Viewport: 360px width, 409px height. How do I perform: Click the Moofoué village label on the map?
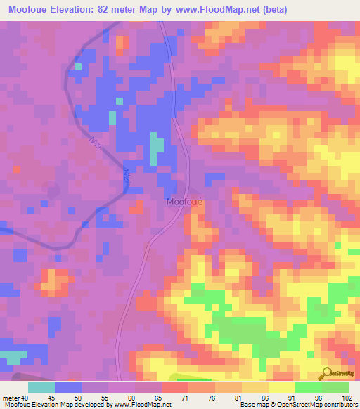tap(185, 202)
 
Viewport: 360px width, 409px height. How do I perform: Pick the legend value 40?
tap(25, 397)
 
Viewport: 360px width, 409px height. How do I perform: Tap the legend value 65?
tap(160, 397)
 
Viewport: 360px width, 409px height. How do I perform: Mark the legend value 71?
tap(186, 397)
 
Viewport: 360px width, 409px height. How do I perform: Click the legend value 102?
tap(347, 397)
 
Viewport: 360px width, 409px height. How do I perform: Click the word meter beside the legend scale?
tap(10, 397)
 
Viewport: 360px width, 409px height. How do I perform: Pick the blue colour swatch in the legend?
tap(68, 387)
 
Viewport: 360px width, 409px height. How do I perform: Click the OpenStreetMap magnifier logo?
tap(326, 373)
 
